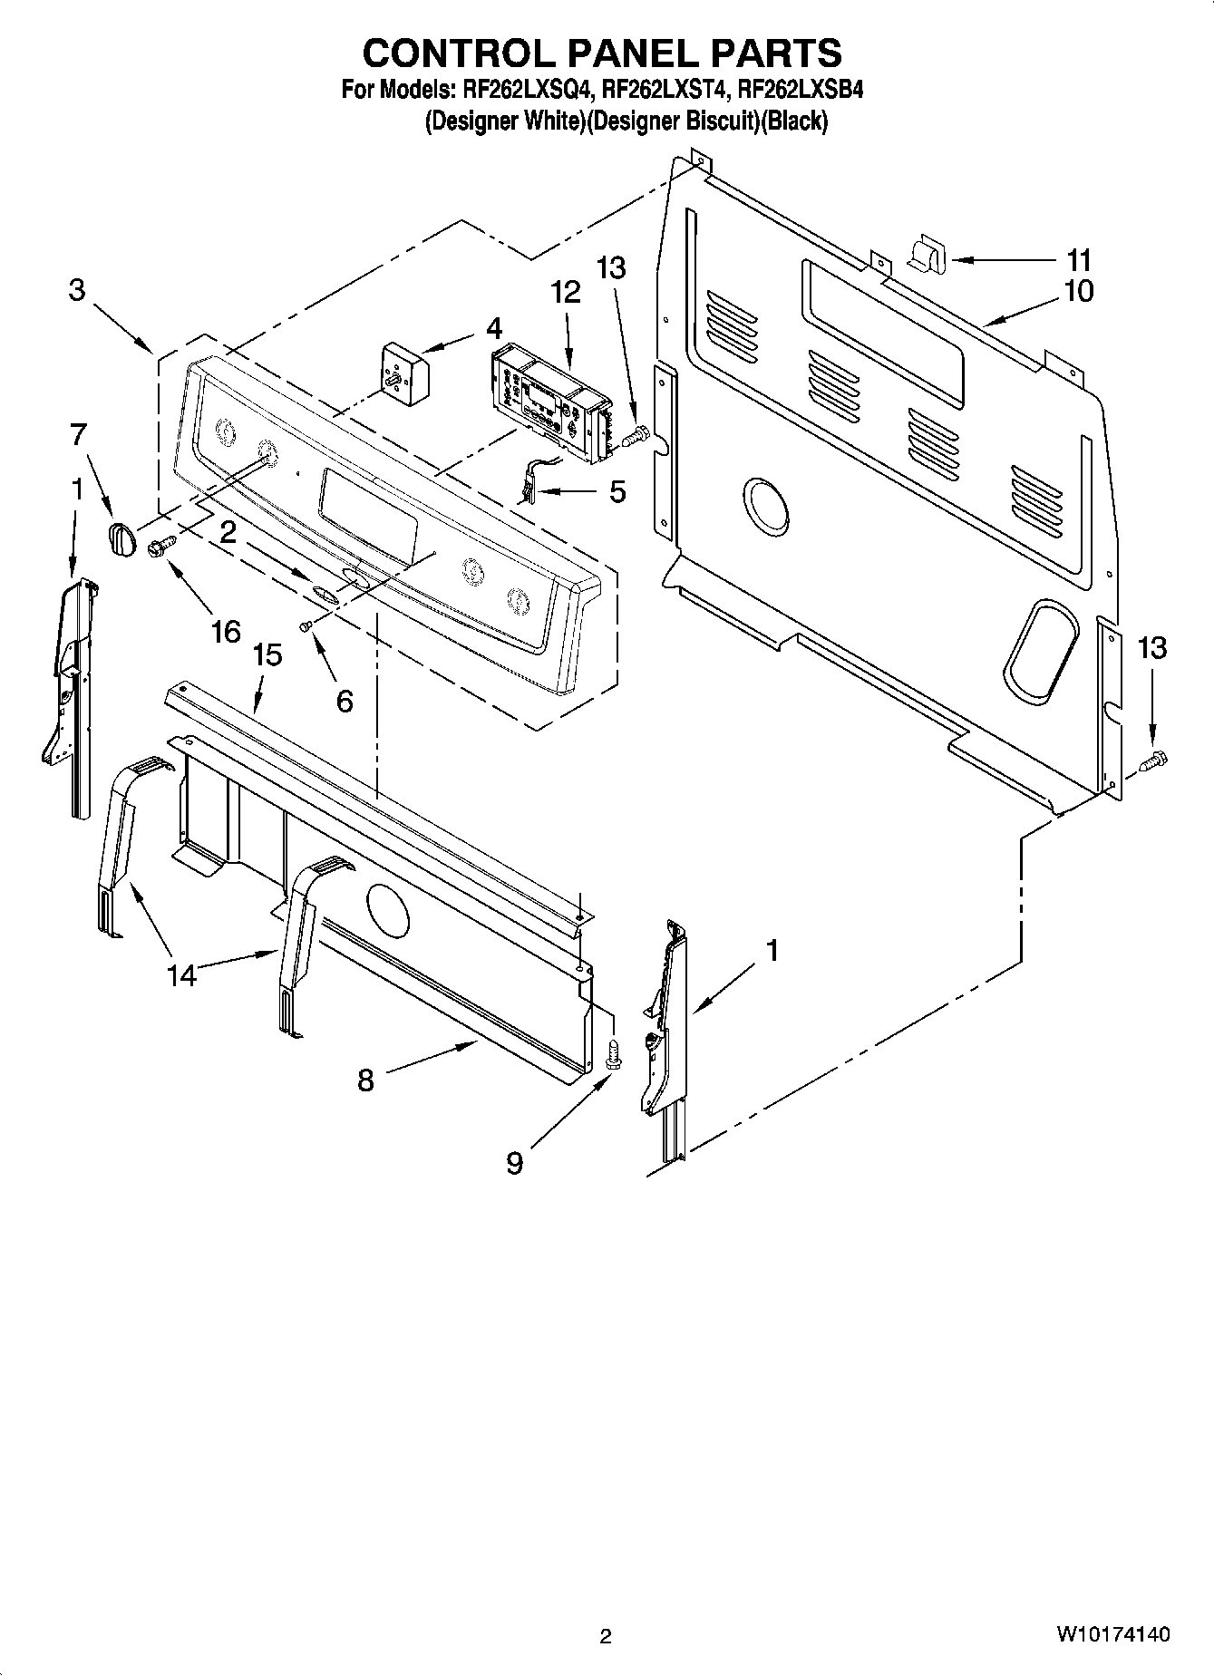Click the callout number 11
click(x=1078, y=261)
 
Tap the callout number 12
click(x=565, y=292)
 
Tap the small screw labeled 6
click(x=307, y=625)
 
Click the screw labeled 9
click(x=613, y=1055)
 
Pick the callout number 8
click(x=365, y=1080)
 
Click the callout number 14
click(x=181, y=975)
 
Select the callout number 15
click(x=267, y=655)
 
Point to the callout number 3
click(x=77, y=290)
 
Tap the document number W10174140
click(x=1112, y=1633)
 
